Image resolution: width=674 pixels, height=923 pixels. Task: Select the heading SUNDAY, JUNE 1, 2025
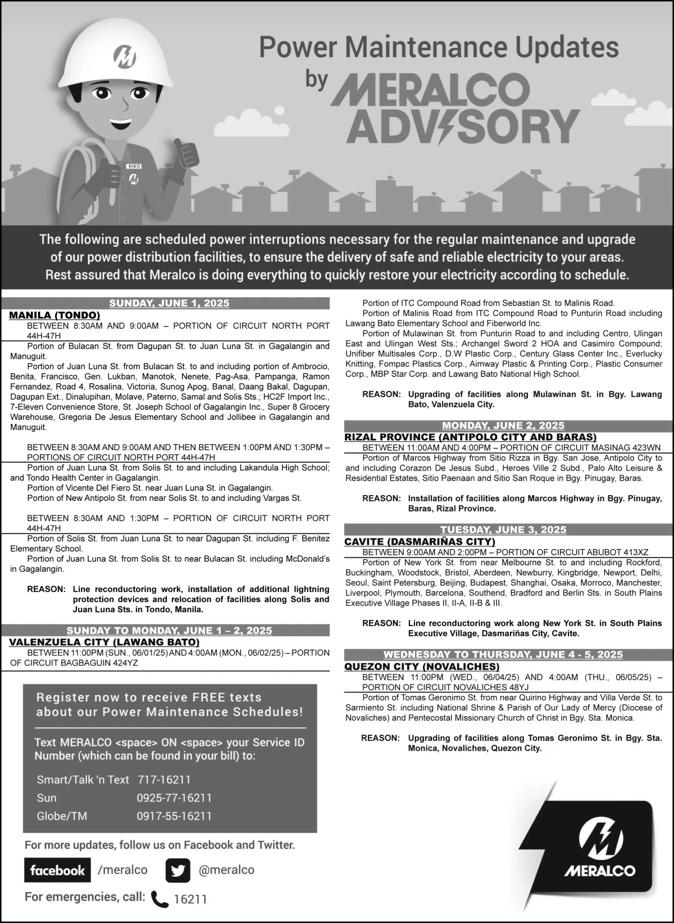click(x=169, y=304)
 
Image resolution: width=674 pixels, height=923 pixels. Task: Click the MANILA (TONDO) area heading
click(x=54, y=315)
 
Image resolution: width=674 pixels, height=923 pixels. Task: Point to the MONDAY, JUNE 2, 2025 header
click(x=503, y=426)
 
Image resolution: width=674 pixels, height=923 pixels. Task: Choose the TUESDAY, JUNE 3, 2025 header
click(x=503, y=530)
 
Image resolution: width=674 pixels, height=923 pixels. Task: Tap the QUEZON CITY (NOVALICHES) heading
click(x=422, y=667)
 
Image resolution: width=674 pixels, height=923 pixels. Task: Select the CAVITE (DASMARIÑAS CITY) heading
click(x=420, y=541)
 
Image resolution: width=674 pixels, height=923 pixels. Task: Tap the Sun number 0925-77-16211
click(x=174, y=798)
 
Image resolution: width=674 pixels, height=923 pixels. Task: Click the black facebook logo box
click(x=57, y=871)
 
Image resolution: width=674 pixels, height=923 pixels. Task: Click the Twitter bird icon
click(x=178, y=871)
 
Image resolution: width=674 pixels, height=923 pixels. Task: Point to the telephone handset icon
click(x=160, y=899)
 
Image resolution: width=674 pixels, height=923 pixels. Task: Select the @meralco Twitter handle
click(x=226, y=870)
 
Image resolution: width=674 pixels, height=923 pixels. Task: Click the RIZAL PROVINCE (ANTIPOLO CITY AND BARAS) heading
click(x=471, y=437)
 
